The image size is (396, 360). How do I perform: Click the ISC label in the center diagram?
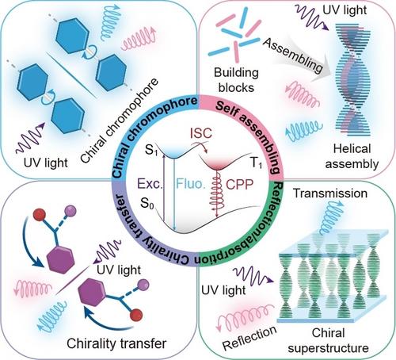click(x=201, y=133)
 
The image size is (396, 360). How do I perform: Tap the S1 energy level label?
click(x=151, y=150)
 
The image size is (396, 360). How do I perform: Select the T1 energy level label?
click(x=256, y=163)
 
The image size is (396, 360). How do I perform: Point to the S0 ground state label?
click(x=147, y=204)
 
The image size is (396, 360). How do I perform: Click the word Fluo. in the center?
click(x=191, y=183)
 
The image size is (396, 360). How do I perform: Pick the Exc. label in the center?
click(x=150, y=183)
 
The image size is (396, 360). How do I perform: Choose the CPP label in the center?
click(x=240, y=184)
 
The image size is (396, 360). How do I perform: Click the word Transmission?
click(x=330, y=193)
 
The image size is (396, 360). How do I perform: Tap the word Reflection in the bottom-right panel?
click(x=249, y=338)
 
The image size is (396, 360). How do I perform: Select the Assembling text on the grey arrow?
click(x=293, y=56)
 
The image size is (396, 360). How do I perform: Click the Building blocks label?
click(x=236, y=80)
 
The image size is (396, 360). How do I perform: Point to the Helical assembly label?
click(x=352, y=156)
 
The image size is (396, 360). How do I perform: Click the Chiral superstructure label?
click(x=328, y=340)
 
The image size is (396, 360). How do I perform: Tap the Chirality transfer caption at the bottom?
click(x=116, y=343)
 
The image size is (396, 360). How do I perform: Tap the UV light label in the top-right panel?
click(x=345, y=10)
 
